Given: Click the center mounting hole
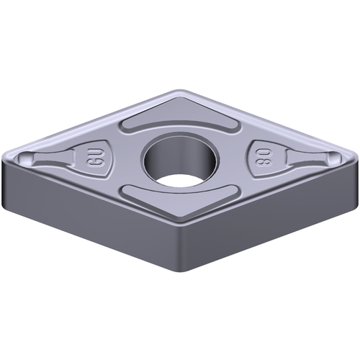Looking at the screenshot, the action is point(180,159).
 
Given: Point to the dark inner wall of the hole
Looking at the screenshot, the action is point(180,153).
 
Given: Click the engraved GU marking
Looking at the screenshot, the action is point(93,159).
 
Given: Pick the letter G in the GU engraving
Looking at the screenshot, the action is point(93,163).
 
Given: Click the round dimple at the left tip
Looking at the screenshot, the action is point(24,157).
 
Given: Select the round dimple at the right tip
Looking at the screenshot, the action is point(335,157).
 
